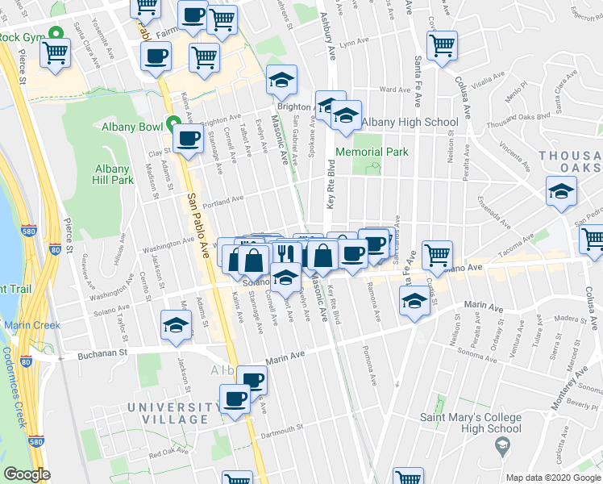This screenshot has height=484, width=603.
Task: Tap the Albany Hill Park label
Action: pos(113,175)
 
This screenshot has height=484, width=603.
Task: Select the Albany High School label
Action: pos(410,123)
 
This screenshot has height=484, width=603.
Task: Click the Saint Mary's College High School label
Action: pos(470,423)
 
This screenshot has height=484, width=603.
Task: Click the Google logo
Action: pos(27,474)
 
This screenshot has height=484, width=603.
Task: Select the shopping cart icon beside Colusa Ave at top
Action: pos(442,46)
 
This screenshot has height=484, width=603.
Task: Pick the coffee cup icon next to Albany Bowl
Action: pos(188,139)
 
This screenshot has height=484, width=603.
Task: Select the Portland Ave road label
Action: pos(222,200)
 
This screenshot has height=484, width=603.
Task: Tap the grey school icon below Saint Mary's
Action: pos(502,445)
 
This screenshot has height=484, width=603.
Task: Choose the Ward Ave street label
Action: pos(389,90)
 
